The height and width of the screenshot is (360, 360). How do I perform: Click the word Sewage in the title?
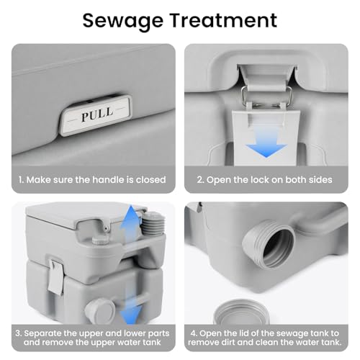(123, 21)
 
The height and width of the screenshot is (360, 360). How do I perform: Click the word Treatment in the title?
(224, 20)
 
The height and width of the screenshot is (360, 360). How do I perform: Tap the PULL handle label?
(96, 115)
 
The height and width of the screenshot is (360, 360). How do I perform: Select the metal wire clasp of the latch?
(266, 97)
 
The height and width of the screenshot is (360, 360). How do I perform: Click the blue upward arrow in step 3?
(130, 225)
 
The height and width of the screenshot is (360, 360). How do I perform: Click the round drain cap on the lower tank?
(100, 311)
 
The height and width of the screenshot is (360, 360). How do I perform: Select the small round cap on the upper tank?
(100, 240)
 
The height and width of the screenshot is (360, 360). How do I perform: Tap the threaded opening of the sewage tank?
(269, 245)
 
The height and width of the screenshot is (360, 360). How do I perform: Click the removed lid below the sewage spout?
(241, 312)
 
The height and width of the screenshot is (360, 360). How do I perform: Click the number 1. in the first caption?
(22, 180)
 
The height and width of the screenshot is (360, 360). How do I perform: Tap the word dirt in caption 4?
(225, 342)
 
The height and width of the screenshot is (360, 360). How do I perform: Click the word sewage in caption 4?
(292, 334)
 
